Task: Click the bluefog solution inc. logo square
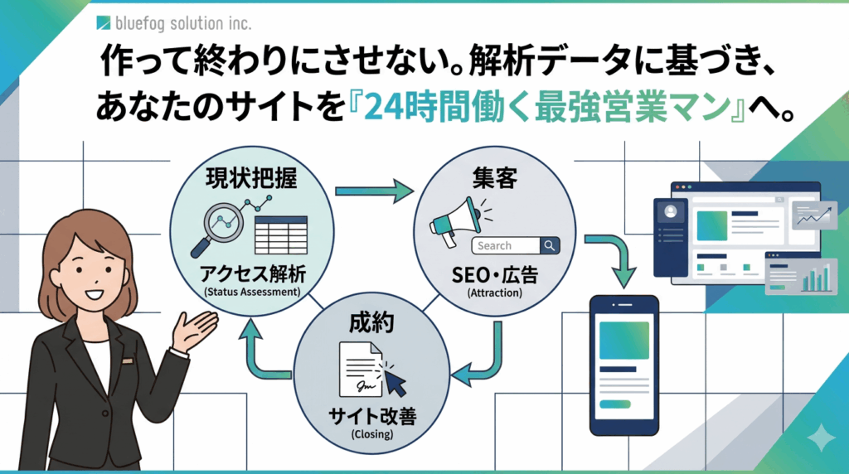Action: tap(104, 22)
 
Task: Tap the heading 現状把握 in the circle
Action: tap(251, 178)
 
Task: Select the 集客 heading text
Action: tap(495, 178)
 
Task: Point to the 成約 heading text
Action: tap(371, 323)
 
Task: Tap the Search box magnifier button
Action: tap(550, 245)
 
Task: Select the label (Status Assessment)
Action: tap(252, 293)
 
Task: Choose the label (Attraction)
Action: tap(495, 293)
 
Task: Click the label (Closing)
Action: tap(372, 434)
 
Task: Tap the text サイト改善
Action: tap(372, 416)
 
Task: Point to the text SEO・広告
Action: tap(495, 275)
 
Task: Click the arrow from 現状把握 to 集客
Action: tap(374, 191)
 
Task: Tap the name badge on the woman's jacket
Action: tap(127, 360)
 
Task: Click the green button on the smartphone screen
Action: tap(615, 404)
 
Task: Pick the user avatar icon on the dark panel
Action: tap(670, 211)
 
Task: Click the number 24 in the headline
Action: tap(383, 107)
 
